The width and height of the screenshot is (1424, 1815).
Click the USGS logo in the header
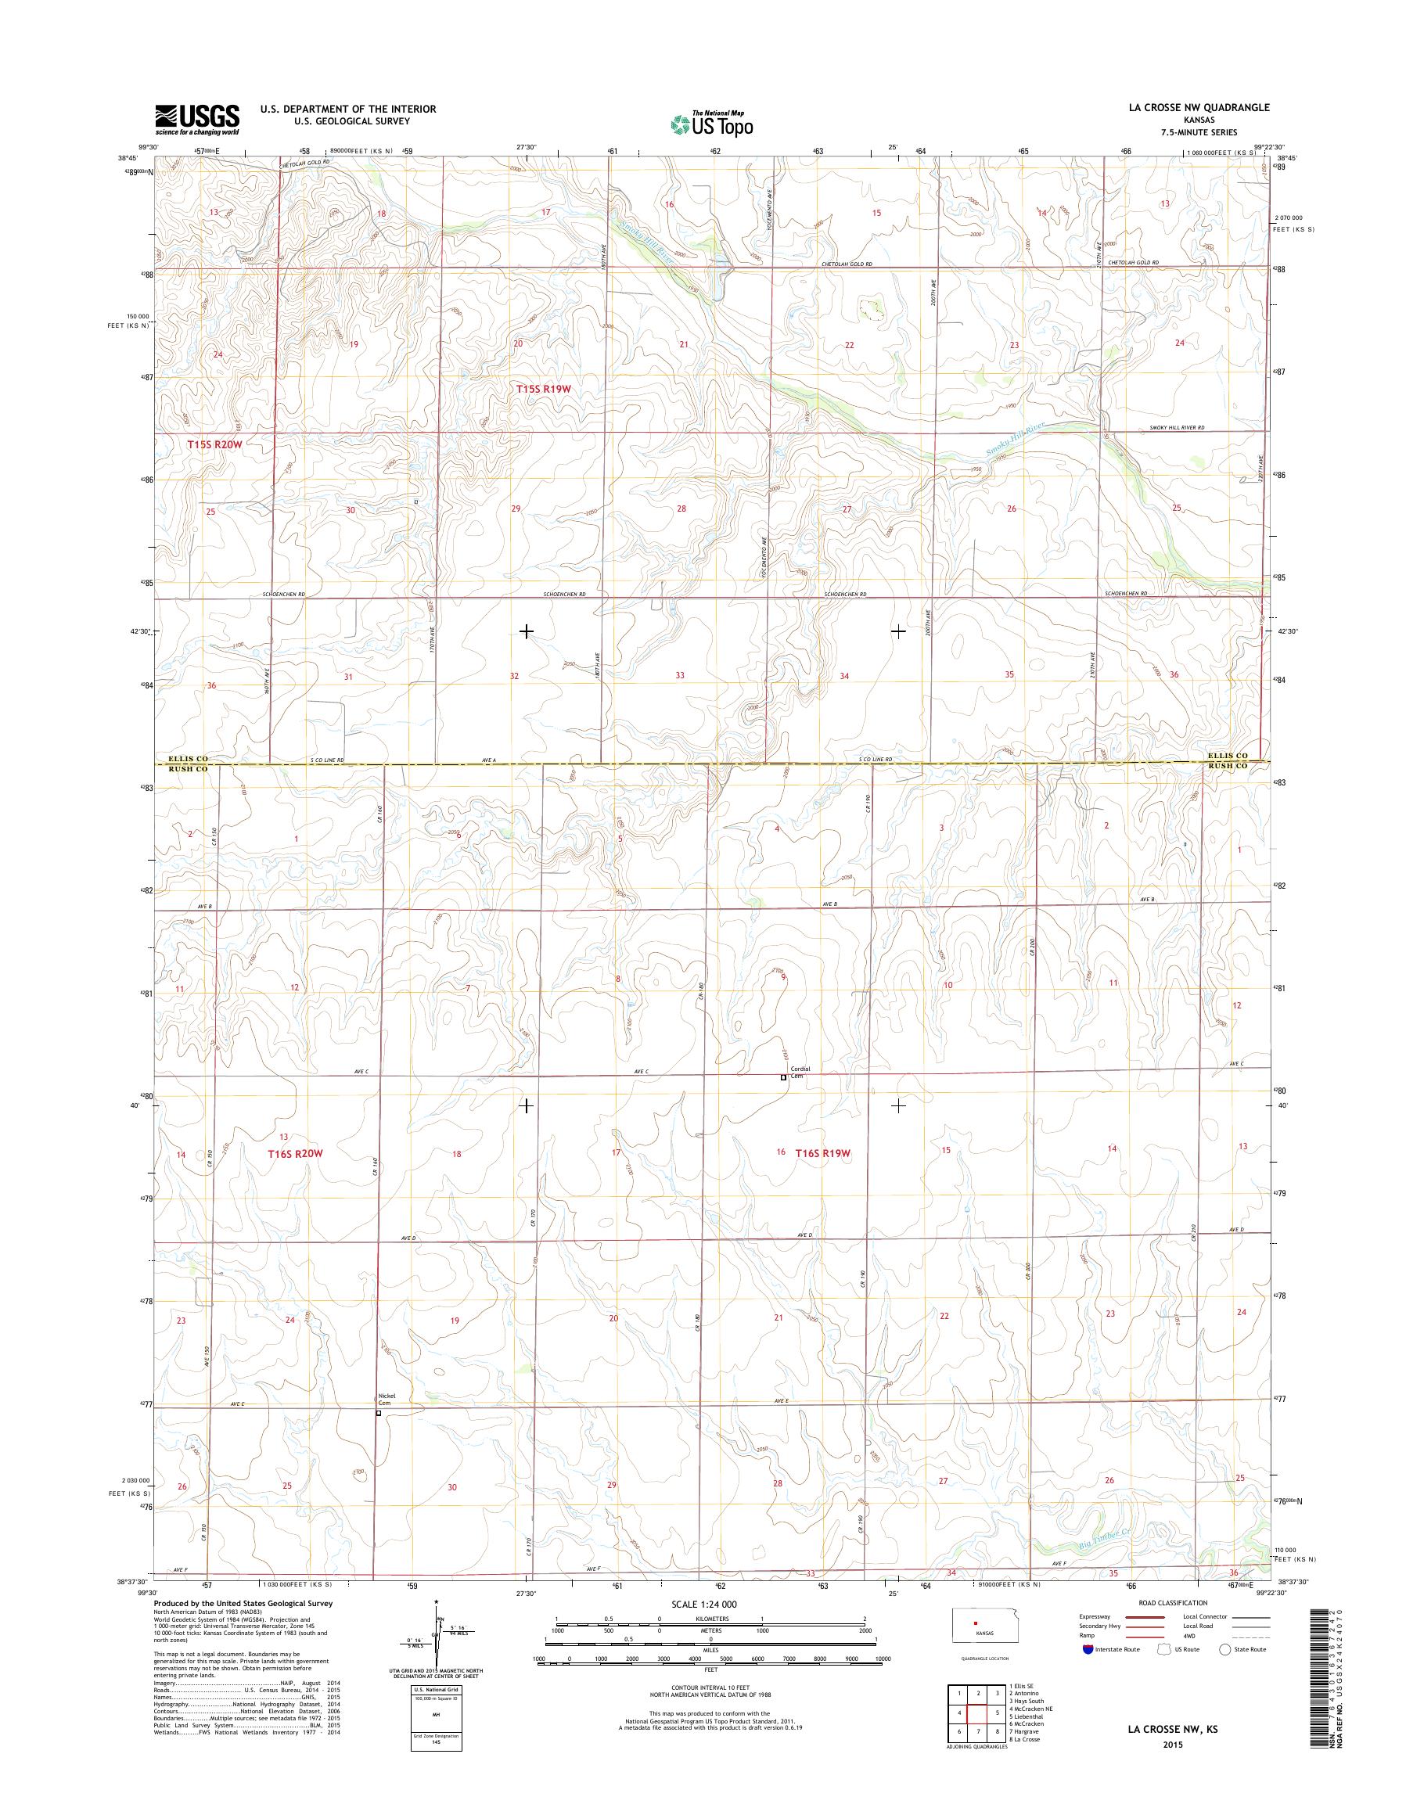[196, 119]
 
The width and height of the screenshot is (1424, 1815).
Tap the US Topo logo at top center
[711, 124]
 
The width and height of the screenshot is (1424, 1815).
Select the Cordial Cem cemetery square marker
[783, 1077]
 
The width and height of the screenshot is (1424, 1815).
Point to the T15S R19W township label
[546, 389]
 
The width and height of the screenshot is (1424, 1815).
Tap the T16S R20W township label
[294, 1153]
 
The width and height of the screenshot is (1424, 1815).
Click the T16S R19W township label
[822, 1153]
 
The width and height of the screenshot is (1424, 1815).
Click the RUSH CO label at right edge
[1229, 765]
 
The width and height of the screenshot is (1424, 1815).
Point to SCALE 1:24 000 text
[704, 1604]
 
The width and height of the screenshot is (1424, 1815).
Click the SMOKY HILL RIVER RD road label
[1177, 428]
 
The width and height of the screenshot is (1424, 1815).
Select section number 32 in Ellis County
[514, 676]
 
